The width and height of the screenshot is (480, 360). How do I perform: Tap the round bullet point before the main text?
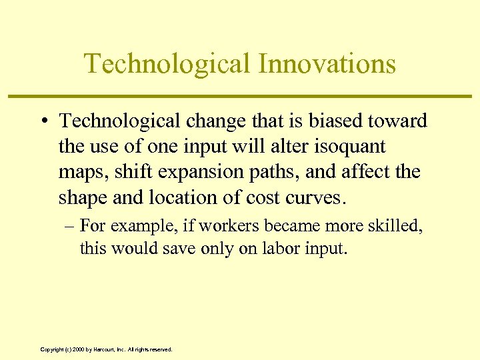[45, 121]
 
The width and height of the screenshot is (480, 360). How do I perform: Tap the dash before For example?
[69, 226]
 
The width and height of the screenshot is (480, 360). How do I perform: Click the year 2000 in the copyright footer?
[79, 349]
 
